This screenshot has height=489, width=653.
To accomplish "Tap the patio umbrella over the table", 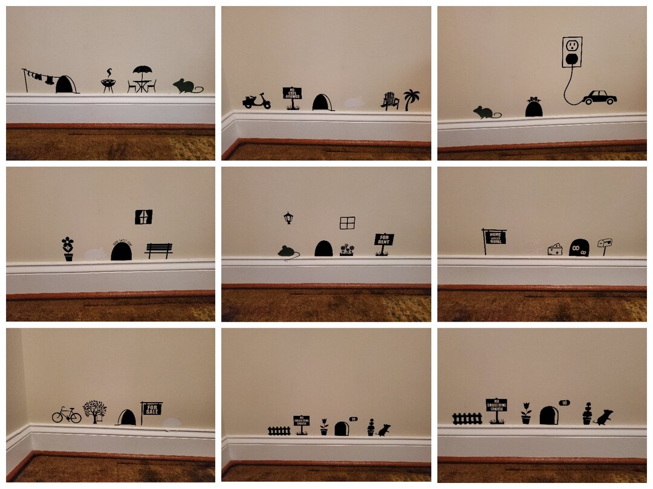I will coord(142,71).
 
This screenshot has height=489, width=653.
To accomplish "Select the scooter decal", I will coord(256,101).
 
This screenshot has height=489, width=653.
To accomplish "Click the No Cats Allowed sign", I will coord(292,94).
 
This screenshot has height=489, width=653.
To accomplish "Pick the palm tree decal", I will coord(412,98).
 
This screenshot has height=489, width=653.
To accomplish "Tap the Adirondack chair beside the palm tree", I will coord(390,101).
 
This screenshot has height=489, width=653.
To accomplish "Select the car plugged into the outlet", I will coord(600,97).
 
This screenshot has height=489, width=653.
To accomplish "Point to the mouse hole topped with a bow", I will coord(533,107).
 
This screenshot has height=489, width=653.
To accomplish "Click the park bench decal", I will coord(158,249).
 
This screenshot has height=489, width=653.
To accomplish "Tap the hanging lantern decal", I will coord(288,217).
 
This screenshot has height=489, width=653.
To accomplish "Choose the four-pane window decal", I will coord(347,223).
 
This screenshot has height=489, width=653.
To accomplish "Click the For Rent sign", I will coord(384,240).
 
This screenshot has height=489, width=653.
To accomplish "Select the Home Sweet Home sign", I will coord(495,237).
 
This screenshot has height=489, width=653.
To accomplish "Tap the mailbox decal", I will coord(605,243).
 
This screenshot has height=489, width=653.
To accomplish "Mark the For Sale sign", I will coord(151,408).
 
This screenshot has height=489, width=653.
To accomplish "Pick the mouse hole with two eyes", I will coord(579,246).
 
